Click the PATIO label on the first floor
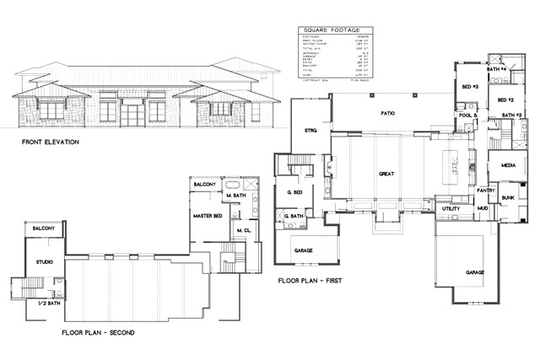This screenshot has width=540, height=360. point(388,112)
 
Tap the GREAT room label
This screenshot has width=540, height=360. point(386,174)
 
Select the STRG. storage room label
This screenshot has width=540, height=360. point(311,131)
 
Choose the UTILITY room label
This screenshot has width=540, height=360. point(451,207)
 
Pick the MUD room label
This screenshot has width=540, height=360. point(483,207)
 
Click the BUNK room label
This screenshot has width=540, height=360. point(507,198)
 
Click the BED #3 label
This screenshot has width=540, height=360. point(470,87)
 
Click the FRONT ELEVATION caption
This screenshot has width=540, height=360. point(51,142)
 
